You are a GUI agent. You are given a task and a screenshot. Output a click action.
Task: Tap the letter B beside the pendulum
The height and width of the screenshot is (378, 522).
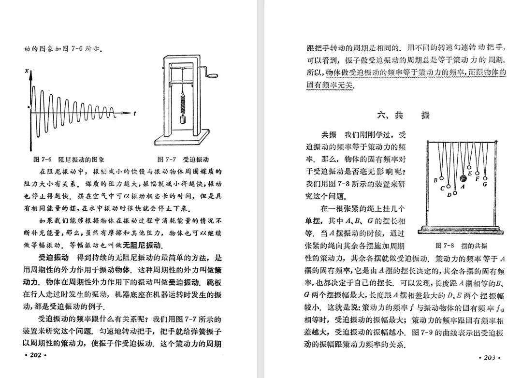click(435, 180)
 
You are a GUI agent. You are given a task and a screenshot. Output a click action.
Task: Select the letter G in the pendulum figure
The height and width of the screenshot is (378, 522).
click(484, 184)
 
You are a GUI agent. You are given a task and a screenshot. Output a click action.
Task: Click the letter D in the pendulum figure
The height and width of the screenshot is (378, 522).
click(449, 195)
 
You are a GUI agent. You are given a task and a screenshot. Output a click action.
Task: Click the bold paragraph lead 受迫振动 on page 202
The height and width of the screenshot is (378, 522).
click(54, 257)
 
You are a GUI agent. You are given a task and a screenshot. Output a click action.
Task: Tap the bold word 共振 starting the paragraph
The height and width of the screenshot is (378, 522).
click(329, 135)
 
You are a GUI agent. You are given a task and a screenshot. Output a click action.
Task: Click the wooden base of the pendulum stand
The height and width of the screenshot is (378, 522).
click(460, 229)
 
